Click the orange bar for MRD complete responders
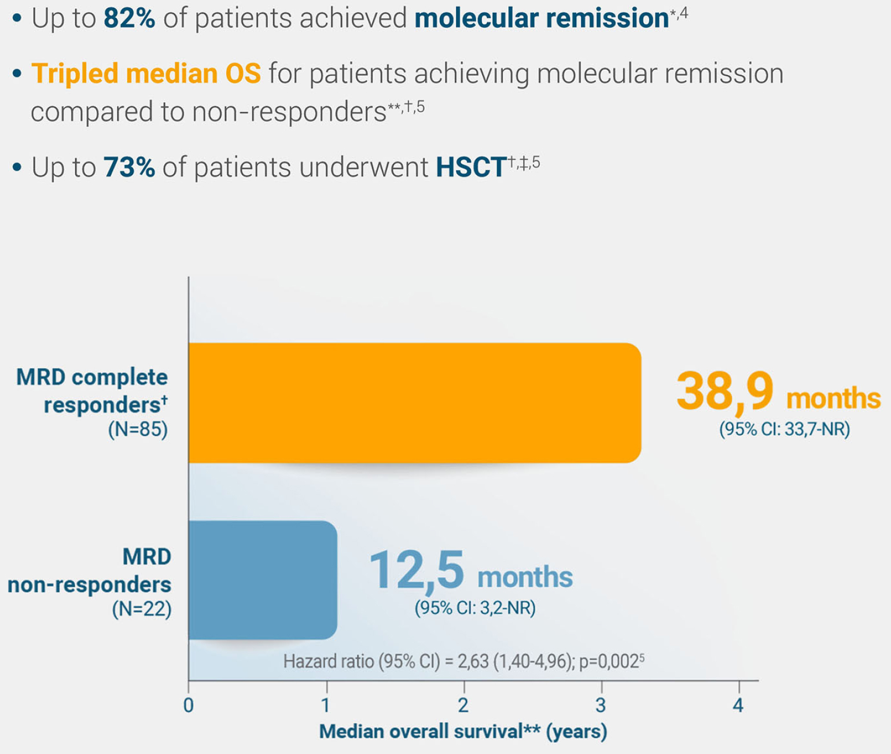point(414,403)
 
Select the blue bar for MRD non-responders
point(263,580)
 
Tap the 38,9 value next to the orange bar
point(724,391)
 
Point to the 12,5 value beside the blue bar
point(417,571)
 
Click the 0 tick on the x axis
point(188,705)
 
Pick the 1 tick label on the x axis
point(326,705)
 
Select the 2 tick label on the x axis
point(463,705)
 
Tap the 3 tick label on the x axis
point(601,705)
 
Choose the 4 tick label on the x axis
point(738,705)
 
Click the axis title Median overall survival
point(463,731)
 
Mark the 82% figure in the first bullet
point(129,19)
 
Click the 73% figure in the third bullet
point(129,167)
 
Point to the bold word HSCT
point(471,167)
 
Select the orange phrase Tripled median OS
point(146,74)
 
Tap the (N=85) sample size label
point(138,429)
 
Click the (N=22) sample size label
point(142,609)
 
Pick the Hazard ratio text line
point(463,661)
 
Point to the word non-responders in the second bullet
point(289,112)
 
